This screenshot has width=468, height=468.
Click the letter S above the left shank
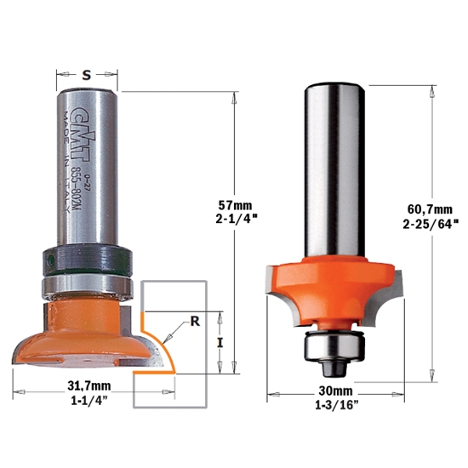pyautogui.click(x=87, y=76)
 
